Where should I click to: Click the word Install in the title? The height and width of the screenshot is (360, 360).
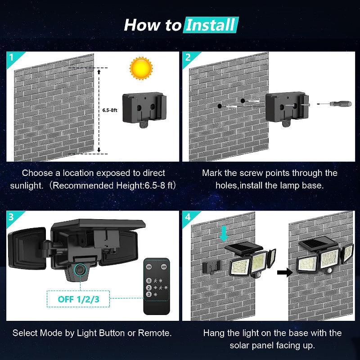tap(211, 24)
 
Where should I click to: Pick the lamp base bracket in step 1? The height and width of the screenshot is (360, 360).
tap(143, 108)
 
